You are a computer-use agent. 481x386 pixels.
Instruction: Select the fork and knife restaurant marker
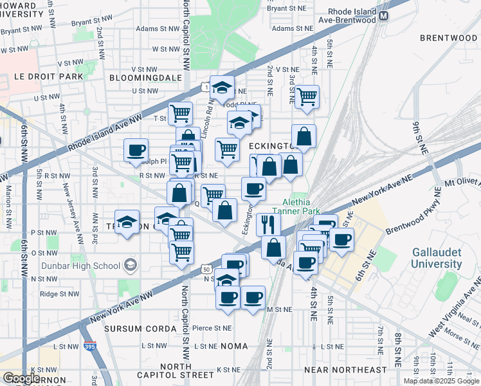point(268,224)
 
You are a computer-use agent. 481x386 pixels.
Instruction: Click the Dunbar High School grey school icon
point(131,265)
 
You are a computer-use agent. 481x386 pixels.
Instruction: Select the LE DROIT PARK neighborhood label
point(49,77)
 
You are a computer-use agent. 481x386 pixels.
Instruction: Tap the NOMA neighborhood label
point(234,346)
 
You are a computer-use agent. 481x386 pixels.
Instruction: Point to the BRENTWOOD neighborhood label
point(448,38)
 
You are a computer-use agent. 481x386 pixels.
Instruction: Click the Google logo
point(22,378)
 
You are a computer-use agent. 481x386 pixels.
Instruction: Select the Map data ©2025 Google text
point(440,381)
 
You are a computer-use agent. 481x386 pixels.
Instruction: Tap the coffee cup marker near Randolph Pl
point(136,151)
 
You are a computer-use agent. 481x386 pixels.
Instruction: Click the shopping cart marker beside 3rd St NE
point(307,97)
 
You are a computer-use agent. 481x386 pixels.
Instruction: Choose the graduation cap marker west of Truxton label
point(127,223)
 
